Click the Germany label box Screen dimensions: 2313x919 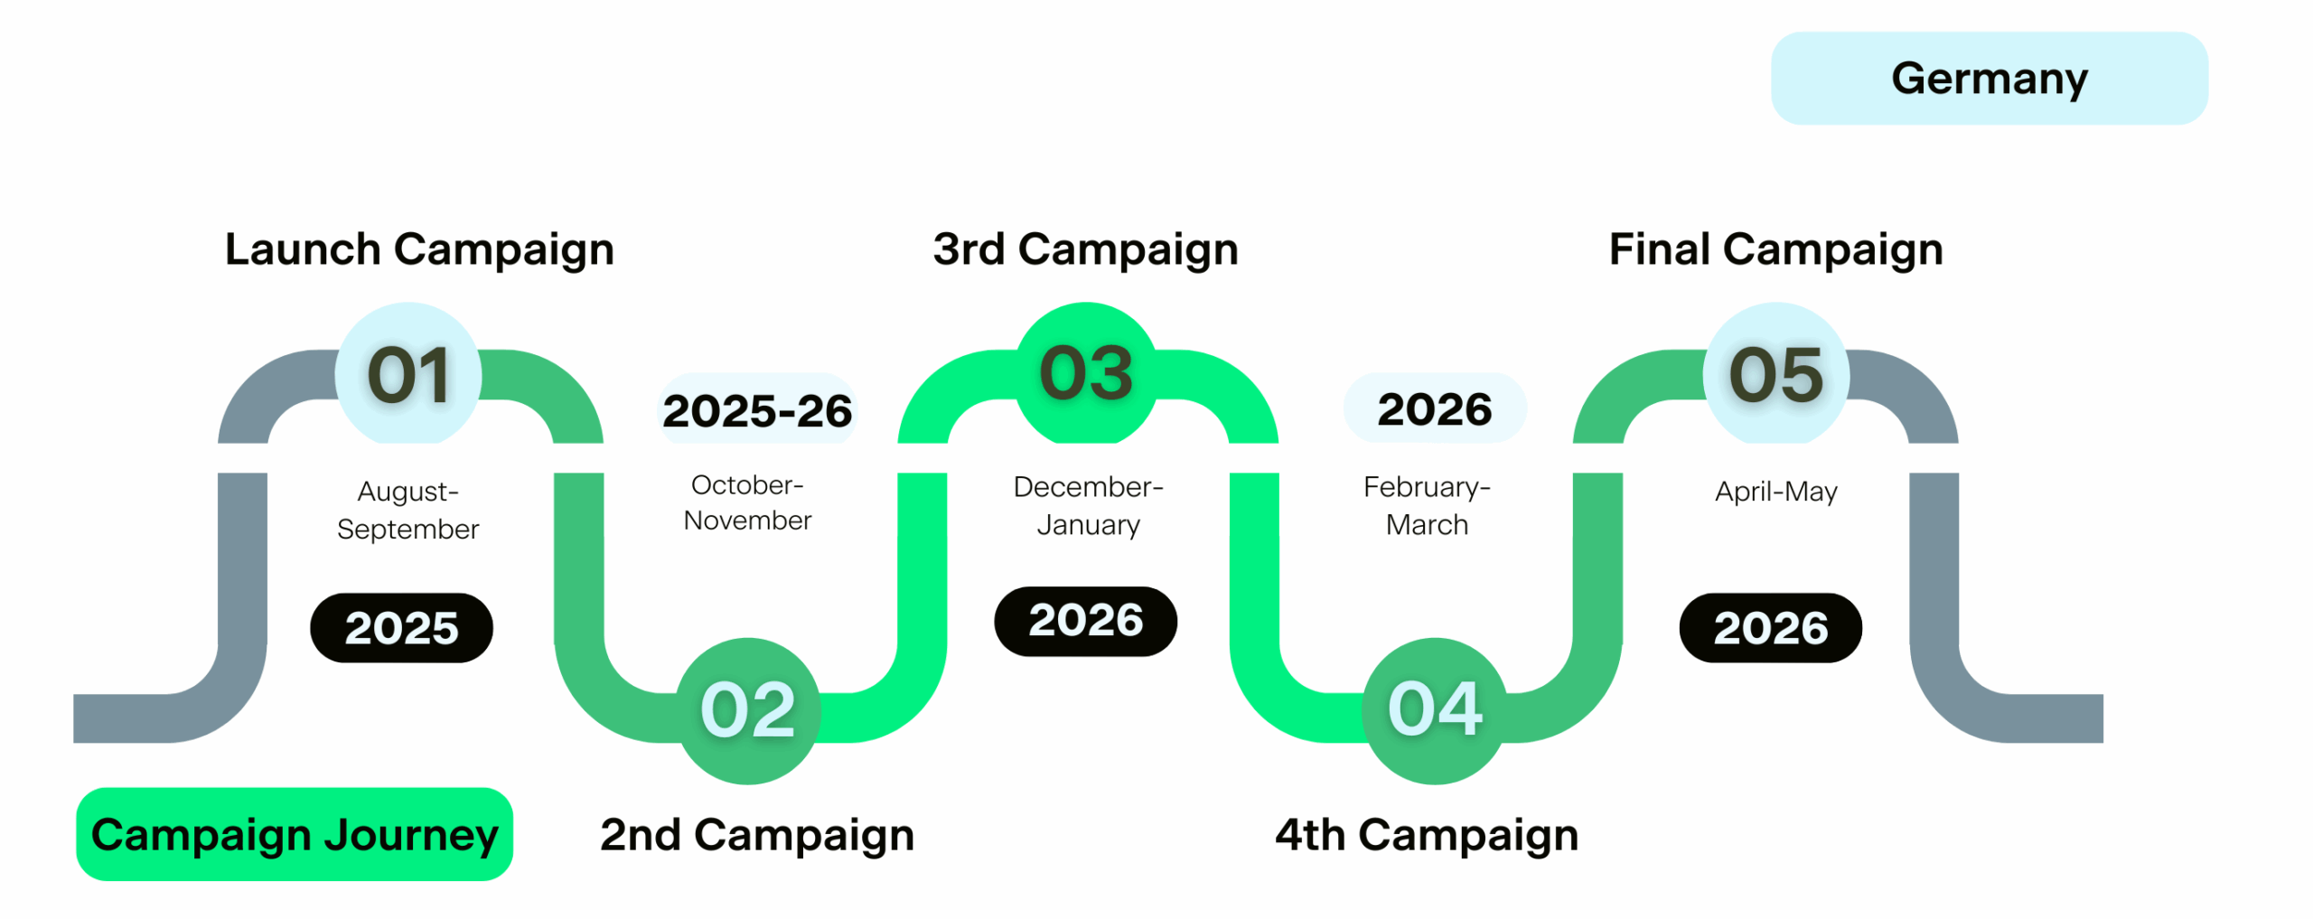point(1989,79)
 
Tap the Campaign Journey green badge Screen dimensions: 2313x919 point(295,833)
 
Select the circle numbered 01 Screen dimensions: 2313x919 point(408,373)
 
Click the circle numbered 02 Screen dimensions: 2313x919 point(748,710)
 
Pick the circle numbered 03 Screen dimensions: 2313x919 point(1087,373)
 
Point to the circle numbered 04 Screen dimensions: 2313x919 point(1435,710)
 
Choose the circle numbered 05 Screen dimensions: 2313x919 point(1776,373)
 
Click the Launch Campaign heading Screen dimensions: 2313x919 point(419,249)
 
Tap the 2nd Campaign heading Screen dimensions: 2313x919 point(757,835)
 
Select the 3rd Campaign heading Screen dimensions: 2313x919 point(1085,249)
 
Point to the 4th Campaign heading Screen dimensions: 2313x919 point(1427,835)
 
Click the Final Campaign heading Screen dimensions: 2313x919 point(1776,249)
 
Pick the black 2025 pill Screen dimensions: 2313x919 point(401,628)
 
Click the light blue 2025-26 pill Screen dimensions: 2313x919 point(757,409)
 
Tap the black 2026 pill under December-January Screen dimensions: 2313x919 point(1085,621)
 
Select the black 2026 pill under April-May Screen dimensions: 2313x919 point(1771,628)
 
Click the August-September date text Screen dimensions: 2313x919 point(408,510)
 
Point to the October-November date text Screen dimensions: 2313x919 point(748,502)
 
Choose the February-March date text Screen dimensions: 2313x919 point(1427,505)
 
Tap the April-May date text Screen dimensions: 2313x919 point(1776,492)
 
